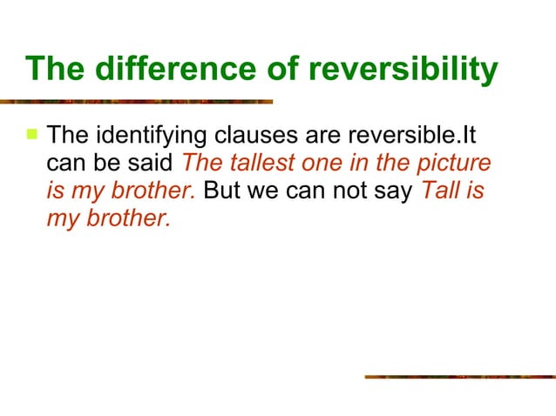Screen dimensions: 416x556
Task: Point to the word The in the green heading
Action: click(54, 70)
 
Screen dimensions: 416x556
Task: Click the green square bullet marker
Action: click(32, 135)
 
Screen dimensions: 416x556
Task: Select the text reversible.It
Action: click(407, 137)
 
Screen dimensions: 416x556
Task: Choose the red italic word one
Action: click(321, 164)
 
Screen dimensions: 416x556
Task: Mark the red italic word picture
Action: click(456, 164)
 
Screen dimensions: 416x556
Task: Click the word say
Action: click(390, 191)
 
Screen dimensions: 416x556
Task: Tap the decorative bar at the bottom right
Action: click(459, 377)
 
